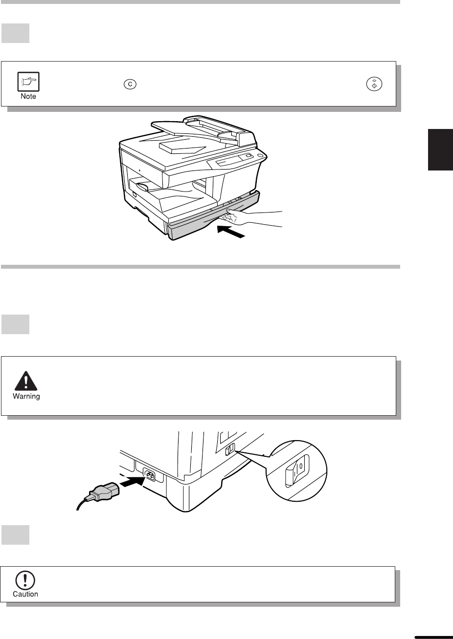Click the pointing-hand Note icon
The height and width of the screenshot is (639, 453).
click(x=28, y=82)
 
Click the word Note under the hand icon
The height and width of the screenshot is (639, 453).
click(x=28, y=96)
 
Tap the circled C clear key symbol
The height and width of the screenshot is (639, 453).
click(x=130, y=84)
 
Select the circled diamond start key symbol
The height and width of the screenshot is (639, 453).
click(x=374, y=84)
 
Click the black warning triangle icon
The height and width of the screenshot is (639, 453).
click(x=26, y=381)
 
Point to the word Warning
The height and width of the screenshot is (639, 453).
click(x=26, y=396)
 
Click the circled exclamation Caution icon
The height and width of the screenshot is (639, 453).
click(x=25, y=580)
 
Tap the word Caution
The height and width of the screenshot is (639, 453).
click(x=25, y=594)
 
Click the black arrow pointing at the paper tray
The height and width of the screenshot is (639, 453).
click(x=231, y=232)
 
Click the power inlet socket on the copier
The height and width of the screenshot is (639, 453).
click(x=149, y=475)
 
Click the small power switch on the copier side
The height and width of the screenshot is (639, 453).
click(x=230, y=449)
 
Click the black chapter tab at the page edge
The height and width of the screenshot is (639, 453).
click(x=440, y=149)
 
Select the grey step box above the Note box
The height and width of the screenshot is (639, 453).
click(x=16, y=33)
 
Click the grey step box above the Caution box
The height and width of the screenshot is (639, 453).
click(x=16, y=534)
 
